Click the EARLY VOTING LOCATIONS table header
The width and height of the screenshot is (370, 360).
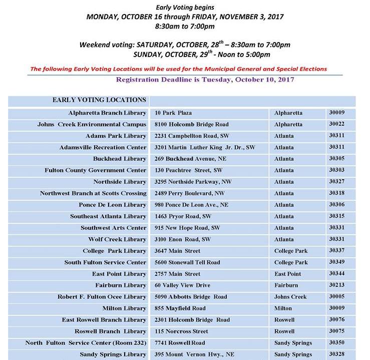[99, 100]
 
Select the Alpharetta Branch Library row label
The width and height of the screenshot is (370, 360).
[107, 113]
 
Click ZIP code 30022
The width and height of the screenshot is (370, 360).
[336, 124]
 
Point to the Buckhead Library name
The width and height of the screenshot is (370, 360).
[120, 159]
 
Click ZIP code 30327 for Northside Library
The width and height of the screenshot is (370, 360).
[336, 182]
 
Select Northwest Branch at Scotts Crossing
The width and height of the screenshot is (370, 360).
[93, 193]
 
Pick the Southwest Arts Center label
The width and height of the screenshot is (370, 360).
[114, 228]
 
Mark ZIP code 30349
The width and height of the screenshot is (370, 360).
[336, 262]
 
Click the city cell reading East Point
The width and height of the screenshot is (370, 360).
[288, 274]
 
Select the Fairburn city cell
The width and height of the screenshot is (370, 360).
[286, 285]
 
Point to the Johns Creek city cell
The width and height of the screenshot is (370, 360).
[290, 297]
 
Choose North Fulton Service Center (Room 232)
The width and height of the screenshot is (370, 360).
[86, 343]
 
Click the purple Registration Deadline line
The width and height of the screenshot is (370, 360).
[205, 80]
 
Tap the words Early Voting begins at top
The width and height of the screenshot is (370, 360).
[185, 7]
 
